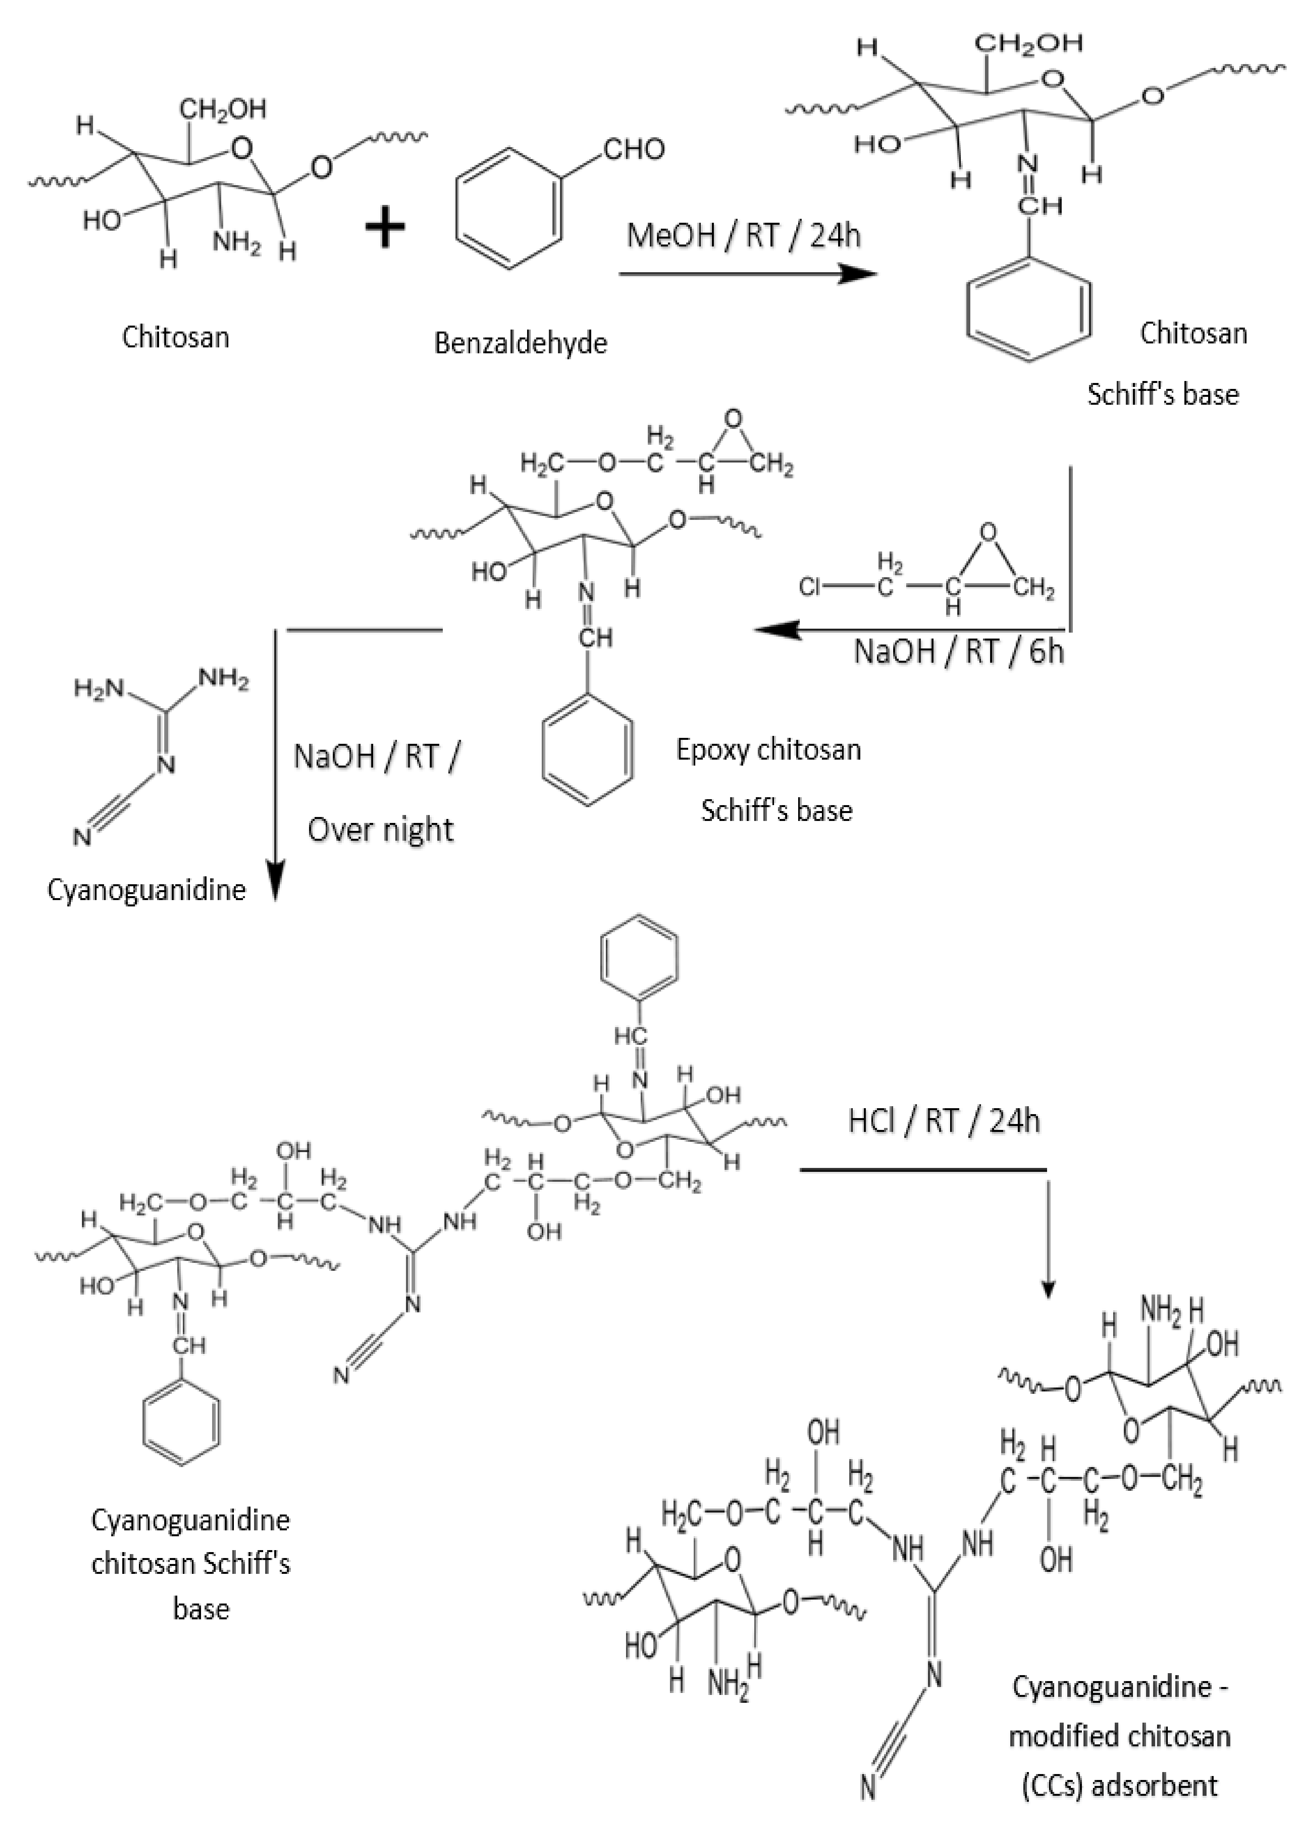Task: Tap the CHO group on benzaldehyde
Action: click(633, 150)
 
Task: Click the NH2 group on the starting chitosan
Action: click(237, 241)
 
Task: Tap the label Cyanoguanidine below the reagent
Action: click(146, 890)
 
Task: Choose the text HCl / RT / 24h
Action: click(943, 1121)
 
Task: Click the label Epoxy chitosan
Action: click(768, 750)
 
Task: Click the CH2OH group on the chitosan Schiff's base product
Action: click(1032, 43)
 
